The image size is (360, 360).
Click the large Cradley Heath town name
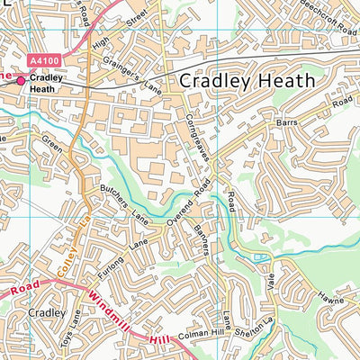click(247, 80)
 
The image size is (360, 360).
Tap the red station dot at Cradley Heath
click(22, 80)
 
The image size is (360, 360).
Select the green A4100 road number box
click(46, 61)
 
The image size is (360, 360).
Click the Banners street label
click(200, 237)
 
